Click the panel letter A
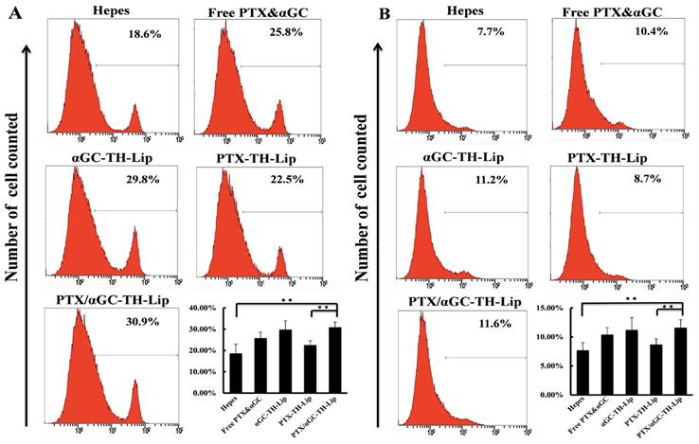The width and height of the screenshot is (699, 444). coord(9,14)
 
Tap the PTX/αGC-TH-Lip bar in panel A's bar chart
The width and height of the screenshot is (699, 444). coord(332,359)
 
